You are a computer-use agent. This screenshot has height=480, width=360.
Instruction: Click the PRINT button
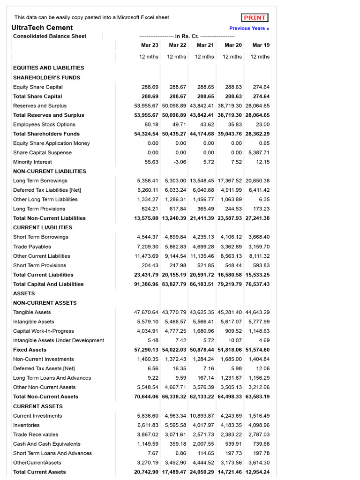(x=255, y=18)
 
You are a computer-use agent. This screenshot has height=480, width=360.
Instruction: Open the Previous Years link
(x=249, y=28)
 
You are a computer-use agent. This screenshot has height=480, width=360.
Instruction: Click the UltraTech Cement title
(x=42, y=28)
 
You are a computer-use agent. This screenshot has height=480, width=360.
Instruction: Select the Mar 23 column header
(x=150, y=45)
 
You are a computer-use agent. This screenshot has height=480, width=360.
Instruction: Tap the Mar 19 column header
(x=261, y=45)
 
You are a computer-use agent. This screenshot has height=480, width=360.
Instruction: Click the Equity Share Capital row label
(x=38, y=87)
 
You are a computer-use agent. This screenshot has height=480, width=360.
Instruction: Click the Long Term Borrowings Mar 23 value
(x=148, y=181)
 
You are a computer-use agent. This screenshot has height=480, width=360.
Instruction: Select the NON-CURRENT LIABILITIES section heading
(x=50, y=172)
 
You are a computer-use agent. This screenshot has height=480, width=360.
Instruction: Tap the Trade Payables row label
(x=32, y=247)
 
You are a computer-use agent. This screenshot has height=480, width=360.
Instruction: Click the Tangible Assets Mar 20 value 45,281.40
(x=230, y=312)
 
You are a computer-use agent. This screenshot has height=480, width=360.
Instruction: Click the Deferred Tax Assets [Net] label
(x=44, y=368)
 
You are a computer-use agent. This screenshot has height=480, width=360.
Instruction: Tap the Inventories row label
(x=27, y=425)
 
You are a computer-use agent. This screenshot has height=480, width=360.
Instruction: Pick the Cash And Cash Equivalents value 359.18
(x=177, y=444)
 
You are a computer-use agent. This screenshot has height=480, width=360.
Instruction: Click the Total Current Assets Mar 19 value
(x=257, y=472)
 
